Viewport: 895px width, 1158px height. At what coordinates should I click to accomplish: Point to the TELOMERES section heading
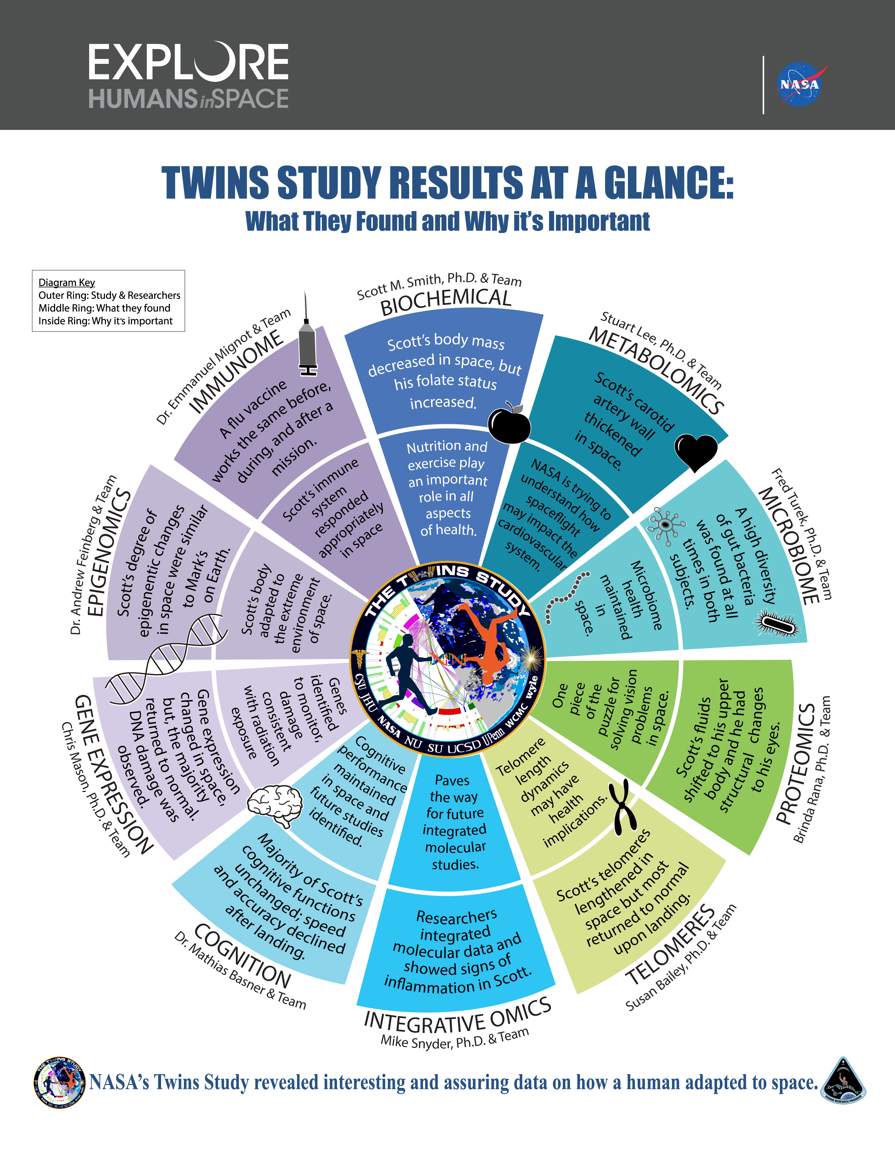[671, 944]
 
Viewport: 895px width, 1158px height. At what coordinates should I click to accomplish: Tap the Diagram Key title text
[67, 282]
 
